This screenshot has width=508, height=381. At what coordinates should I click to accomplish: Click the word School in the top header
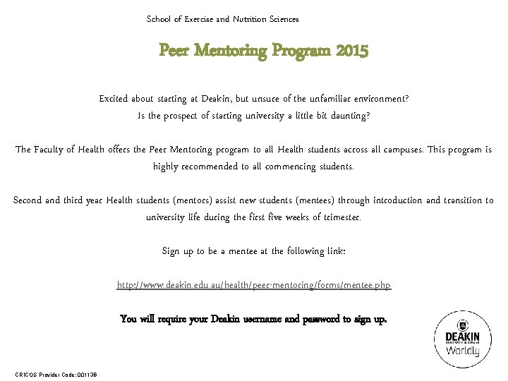[x=159, y=19]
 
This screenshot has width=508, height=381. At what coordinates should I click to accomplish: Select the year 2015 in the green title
[x=352, y=51]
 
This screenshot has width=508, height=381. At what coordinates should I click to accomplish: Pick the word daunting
[x=345, y=116]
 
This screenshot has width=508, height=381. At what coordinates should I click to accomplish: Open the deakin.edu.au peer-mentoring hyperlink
[x=254, y=285]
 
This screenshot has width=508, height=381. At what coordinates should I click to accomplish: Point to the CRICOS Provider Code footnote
[x=56, y=374]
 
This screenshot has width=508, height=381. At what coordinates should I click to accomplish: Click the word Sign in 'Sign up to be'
[x=171, y=251]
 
